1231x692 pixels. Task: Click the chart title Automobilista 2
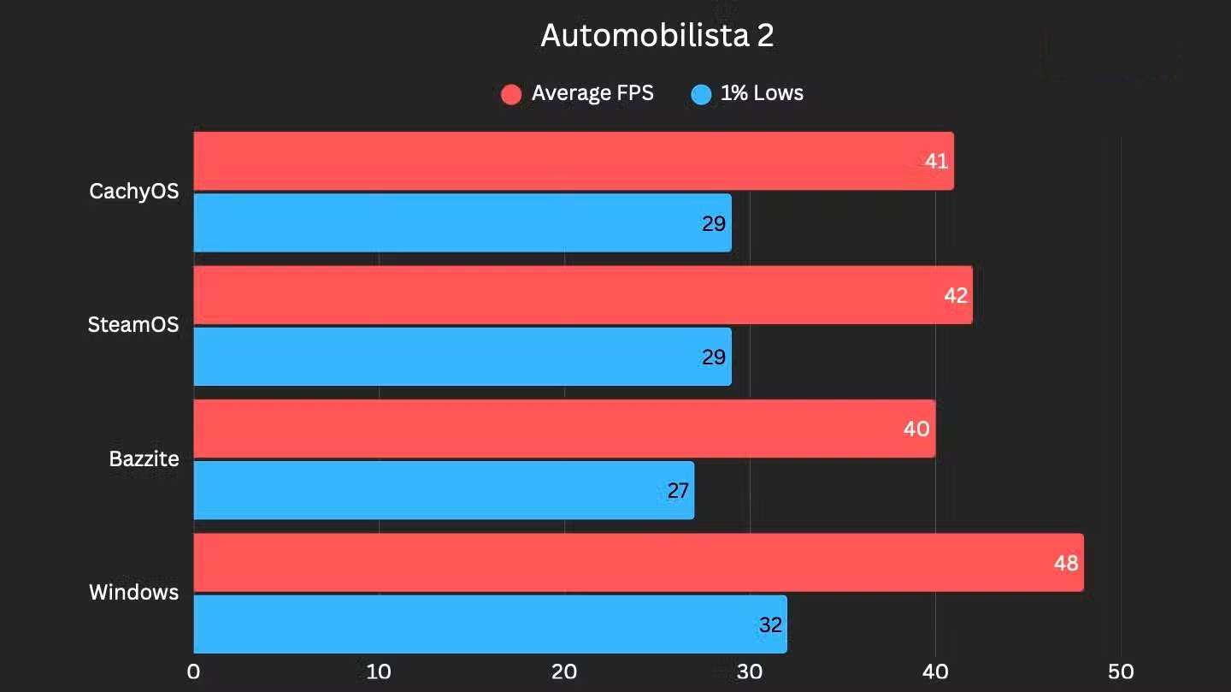tap(657, 36)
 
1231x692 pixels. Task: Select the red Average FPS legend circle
tap(511, 94)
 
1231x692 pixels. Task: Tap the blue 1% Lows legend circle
tap(701, 94)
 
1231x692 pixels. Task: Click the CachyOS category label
tap(134, 191)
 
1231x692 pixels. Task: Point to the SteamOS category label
tap(133, 325)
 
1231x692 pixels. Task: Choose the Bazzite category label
tap(144, 458)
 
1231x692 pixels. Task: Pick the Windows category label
tap(134, 592)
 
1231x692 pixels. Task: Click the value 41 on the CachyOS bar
tap(936, 161)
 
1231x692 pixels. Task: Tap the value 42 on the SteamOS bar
tap(955, 295)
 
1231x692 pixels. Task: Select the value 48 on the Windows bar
tap(1066, 563)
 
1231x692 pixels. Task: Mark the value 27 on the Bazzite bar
tap(677, 491)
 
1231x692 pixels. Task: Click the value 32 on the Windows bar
tap(770, 625)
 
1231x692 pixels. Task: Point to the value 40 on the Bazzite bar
tap(916, 429)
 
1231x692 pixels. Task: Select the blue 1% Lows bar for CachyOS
tap(462, 222)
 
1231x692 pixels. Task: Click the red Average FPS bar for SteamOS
tap(581, 295)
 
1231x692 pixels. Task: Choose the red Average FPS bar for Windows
tap(637, 563)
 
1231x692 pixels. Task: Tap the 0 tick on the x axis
tap(194, 672)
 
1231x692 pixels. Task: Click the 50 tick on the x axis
tap(1121, 672)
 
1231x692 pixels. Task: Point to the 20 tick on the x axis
tap(564, 672)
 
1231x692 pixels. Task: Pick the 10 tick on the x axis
tap(379, 672)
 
